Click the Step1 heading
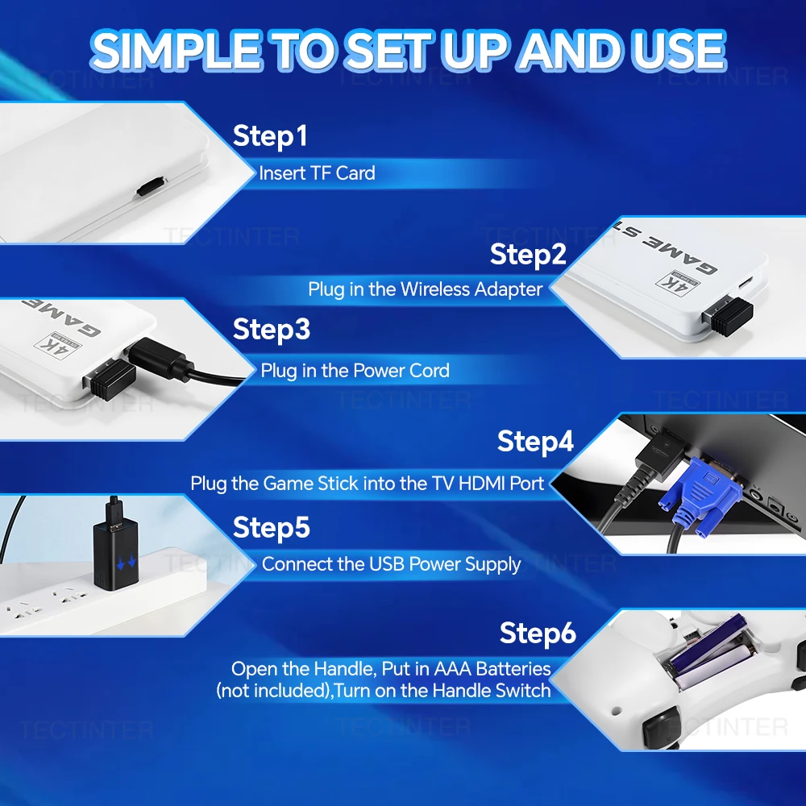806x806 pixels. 270,136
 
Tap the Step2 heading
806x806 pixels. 528,255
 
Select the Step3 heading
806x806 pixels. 272,330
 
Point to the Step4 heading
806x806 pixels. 535,442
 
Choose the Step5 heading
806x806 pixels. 272,528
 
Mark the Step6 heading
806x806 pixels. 538,634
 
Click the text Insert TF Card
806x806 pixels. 317,173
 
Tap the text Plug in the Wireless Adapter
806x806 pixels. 425,289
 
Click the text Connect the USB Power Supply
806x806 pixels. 391,564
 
